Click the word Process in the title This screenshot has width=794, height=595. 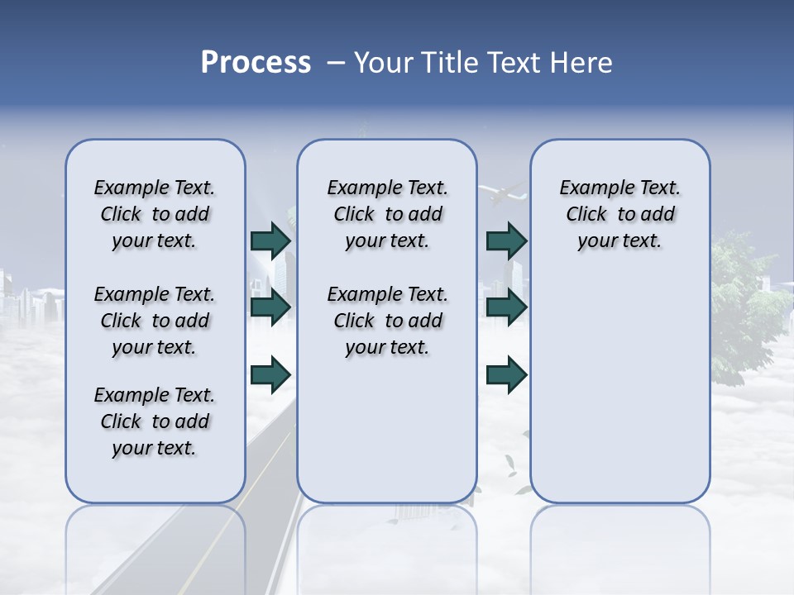click(x=256, y=63)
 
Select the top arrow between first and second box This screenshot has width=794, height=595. click(x=270, y=240)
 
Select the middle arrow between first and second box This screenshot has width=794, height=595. click(x=270, y=307)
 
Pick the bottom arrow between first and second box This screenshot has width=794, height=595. click(x=270, y=374)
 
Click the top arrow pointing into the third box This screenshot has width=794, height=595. click(x=506, y=240)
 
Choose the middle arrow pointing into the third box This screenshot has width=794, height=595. click(x=506, y=307)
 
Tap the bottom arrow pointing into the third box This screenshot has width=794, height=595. click(x=506, y=374)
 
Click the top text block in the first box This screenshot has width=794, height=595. click(x=155, y=214)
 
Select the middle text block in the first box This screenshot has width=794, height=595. click(x=155, y=321)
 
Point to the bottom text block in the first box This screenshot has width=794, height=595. click(x=155, y=421)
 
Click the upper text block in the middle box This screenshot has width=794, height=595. click(x=387, y=214)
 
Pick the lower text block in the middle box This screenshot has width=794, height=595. click(x=387, y=321)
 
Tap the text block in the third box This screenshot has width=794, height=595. click(x=619, y=214)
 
